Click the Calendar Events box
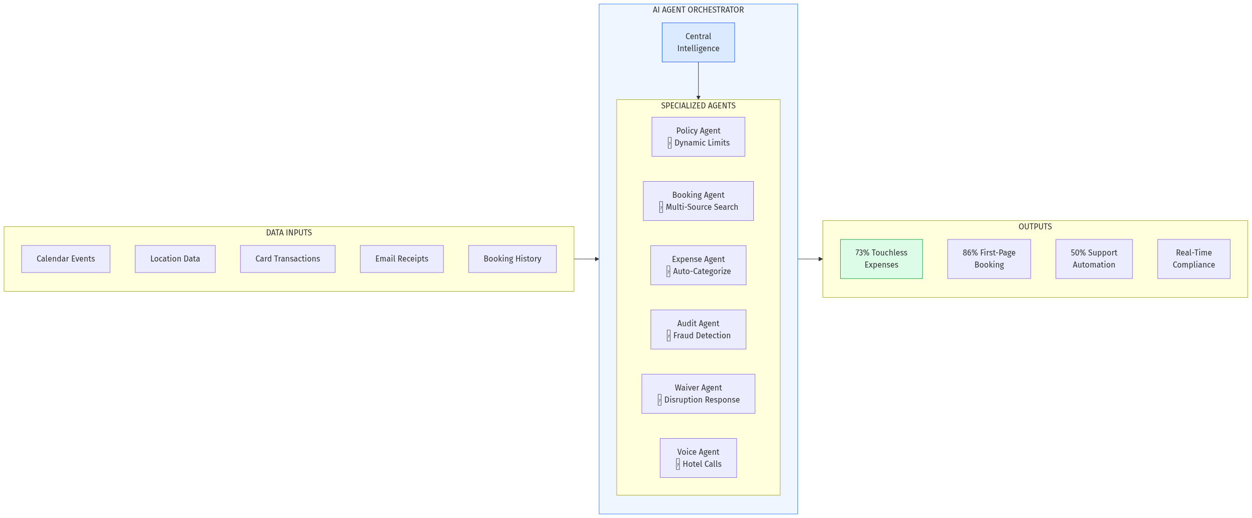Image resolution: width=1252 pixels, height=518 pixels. coord(66,259)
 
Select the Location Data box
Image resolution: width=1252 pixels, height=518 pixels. coord(175,259)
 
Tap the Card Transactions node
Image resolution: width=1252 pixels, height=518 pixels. coord(287,259)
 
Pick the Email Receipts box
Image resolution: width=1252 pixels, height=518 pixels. coord(401,259)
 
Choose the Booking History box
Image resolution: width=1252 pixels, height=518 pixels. coord(512,259)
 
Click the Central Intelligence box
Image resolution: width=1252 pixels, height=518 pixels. coord(698,43)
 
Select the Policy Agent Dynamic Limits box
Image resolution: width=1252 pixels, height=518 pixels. coord(698,137)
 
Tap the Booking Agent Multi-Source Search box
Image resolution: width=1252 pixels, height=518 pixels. coord(698,201)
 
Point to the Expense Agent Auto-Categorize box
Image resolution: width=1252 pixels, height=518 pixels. coord(698,266)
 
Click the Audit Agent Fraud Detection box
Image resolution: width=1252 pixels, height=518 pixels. coord(698,330)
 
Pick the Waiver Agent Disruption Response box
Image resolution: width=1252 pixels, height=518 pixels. coord(698,394)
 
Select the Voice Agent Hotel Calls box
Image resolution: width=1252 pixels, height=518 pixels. coord(698,458)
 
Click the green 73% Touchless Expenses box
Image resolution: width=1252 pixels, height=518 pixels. coord(881,259)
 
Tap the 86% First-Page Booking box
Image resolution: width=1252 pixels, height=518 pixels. coord(989,259)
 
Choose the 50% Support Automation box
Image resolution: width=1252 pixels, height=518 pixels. coord(1094,259)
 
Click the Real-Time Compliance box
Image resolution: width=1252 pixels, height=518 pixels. coord(1194,259)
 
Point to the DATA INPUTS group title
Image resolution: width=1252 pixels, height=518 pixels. coord(289,233)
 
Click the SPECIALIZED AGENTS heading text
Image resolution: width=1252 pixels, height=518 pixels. coord(698,106)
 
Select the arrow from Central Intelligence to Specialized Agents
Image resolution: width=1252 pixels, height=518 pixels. coord(698,80)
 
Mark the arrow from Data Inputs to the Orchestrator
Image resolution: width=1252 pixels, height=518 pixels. coord(586,259)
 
